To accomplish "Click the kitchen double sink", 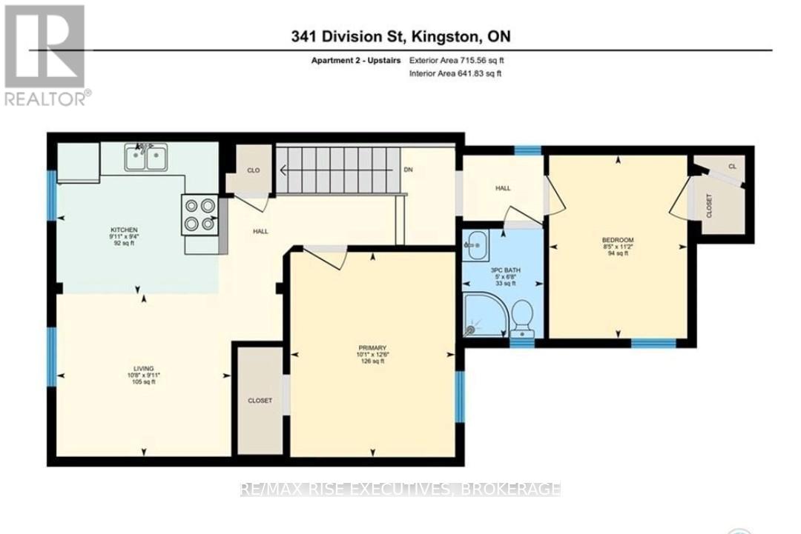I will tap(145, 157).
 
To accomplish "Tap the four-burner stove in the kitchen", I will tap(200, 215).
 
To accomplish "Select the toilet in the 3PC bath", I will tap(523, 317).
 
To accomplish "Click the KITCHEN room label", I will tap(124, 230).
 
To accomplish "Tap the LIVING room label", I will tap(143, 368).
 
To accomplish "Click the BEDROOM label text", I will tap(617, 240).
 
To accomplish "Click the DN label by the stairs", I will tap(407, 170).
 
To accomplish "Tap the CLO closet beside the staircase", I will tap(253, 170).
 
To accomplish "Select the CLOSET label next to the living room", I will tap(260, 401).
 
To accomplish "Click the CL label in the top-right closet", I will tap(731, 167).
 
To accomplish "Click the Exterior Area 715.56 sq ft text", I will tap(457, 61).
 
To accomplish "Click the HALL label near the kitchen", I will tap(260, 231).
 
